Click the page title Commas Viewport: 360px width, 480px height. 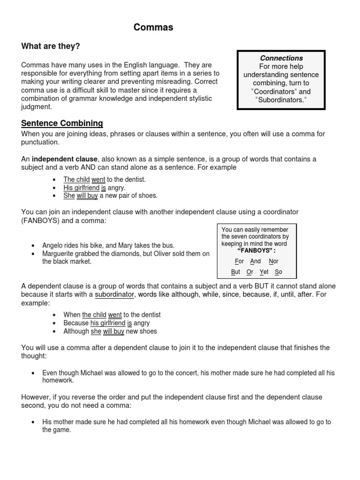click(x=153, y=28)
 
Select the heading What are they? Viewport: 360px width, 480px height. click(x=51, y=46)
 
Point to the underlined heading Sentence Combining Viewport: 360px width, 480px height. click(x=62, y=123)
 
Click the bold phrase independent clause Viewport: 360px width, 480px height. click(x=65, y=159)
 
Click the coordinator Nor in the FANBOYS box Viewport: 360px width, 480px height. click(x=273, y=261)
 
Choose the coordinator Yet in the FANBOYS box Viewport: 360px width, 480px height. click(x=264, y=272)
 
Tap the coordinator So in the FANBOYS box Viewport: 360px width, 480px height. click(x=278, y=272)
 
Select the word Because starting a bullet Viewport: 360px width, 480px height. click(x=76, y=323)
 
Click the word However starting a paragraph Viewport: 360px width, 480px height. click(x=37, y=397)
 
